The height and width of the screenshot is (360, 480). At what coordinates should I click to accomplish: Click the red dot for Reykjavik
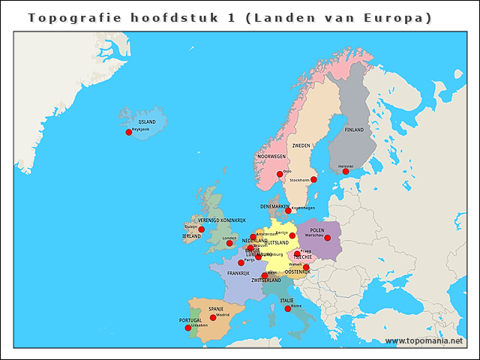128,132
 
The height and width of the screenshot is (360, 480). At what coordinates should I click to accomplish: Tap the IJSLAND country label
147,121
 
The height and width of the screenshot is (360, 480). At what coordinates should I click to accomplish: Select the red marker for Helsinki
346,172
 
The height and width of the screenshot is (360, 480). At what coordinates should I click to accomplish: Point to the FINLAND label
354,130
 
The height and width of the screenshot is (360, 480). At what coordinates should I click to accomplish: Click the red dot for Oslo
280,174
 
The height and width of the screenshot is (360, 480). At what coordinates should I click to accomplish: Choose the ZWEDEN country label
301,145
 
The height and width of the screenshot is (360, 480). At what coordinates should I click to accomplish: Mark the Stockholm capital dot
313,179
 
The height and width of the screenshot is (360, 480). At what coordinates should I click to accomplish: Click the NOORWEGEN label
271,157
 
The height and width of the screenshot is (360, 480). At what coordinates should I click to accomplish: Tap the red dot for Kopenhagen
288,211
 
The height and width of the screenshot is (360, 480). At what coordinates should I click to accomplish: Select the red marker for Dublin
201,229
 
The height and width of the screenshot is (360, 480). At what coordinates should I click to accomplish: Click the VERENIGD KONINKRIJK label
222,220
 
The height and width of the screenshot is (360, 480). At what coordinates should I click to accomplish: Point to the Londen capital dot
229,243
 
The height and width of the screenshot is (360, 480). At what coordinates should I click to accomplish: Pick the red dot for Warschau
327,238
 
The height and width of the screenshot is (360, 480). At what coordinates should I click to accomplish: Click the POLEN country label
317,230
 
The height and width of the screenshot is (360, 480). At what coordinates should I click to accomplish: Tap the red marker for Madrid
213,317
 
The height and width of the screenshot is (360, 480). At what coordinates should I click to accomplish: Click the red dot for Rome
288,308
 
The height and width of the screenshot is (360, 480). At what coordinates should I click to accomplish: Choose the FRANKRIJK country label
238,274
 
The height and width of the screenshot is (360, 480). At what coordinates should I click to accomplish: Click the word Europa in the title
391,16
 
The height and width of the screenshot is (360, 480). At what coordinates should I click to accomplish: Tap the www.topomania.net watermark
424,341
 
